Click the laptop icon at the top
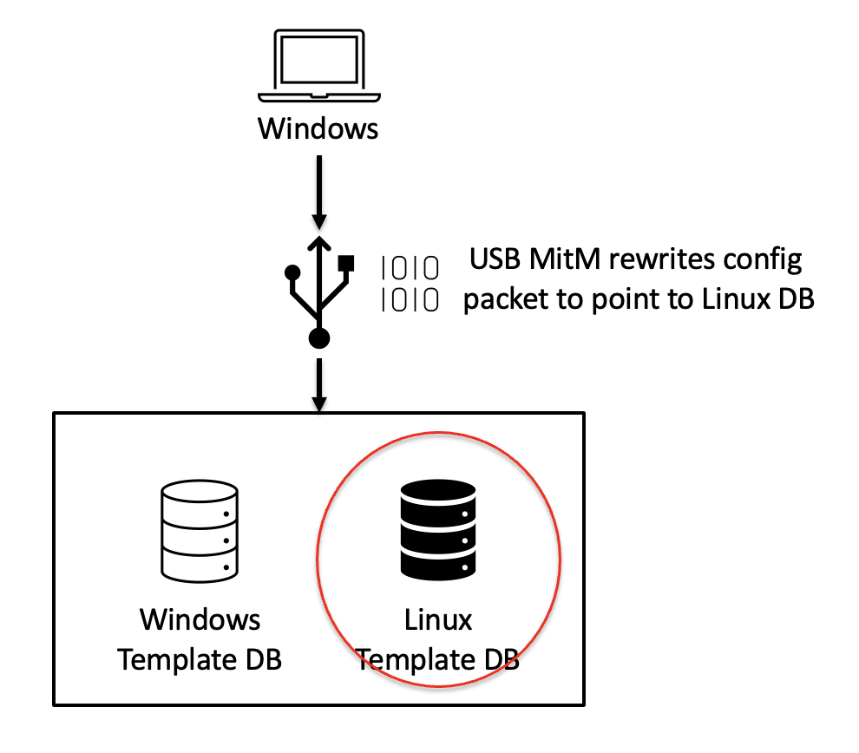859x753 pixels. [x=318, y=67]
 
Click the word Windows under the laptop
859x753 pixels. [x=318, y=129]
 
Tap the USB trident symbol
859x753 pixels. [x=319, y=286]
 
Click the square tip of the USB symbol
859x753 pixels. [x=348, y=261]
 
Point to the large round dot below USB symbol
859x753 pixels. [x=319, y=338]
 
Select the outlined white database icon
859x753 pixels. [x=200, y=531]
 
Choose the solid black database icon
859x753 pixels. [x=438, y=531]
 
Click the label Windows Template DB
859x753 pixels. [x=200, y=639]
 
